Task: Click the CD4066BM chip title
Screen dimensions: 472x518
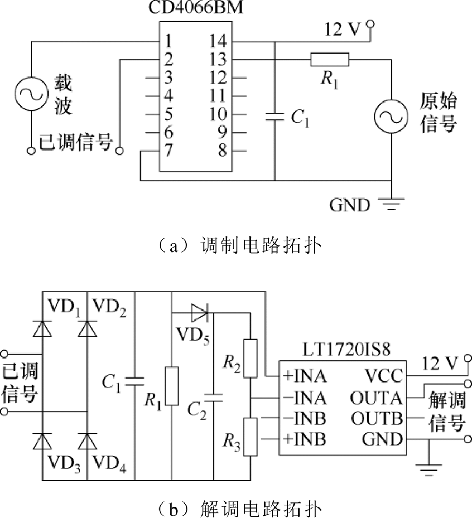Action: click(196, 7)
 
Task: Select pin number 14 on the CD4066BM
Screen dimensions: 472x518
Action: click(218, 41)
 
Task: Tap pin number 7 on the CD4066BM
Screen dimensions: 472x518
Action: click(168, 151)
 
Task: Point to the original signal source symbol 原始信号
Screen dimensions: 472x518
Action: click(391, 117)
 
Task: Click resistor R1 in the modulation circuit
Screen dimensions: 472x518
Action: click(330, 60)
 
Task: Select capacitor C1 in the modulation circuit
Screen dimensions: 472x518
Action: click(274, 117)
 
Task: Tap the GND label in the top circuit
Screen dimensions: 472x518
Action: click(349, 205)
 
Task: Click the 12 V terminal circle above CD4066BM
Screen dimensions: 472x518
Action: click(370, 24)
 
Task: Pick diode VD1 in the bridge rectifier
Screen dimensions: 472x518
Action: click(42, 329)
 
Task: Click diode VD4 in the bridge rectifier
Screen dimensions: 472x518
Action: click(87, 441)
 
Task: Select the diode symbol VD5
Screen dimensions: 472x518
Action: click(200, 312)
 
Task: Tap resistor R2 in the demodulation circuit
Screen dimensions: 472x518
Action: click(251, 359)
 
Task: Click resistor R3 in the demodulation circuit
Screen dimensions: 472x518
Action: click(251, 437)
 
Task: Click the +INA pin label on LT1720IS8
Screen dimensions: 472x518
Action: click(305, 376)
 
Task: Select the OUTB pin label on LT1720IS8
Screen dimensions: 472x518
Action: click(377, 419)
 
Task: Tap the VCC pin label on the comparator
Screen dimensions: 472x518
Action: click(384, 376)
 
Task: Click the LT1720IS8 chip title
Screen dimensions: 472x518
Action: click(346, 350)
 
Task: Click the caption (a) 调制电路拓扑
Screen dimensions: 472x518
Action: click(239, 246)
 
